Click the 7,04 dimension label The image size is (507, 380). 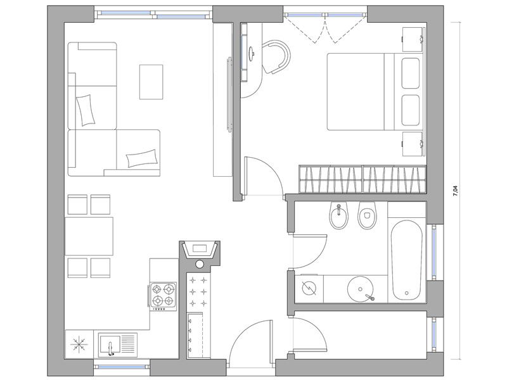pos(455,191)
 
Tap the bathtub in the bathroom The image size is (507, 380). pos(407,260)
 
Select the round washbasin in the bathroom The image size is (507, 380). pos(360,289)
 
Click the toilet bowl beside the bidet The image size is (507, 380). pos(367,216)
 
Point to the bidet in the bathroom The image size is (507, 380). pos(339,216)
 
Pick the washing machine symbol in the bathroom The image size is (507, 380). pos(309,288)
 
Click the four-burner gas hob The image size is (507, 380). pos(163,295)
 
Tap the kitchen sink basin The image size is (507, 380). pos(110,344)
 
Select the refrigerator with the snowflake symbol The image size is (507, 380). pos(79,344)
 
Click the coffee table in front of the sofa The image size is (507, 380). pos(151,82)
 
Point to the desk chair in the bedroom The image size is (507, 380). pos(276,57)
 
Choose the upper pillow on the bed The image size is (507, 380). pos(411,73)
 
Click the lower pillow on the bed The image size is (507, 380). pos(411,110)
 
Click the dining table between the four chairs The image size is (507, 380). pos(89,236)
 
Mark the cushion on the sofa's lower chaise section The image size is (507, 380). pos(142,158)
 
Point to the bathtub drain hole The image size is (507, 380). pos(406,293)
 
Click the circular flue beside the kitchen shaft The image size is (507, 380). pos(200,264)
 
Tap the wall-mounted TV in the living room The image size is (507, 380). pos(229,94)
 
